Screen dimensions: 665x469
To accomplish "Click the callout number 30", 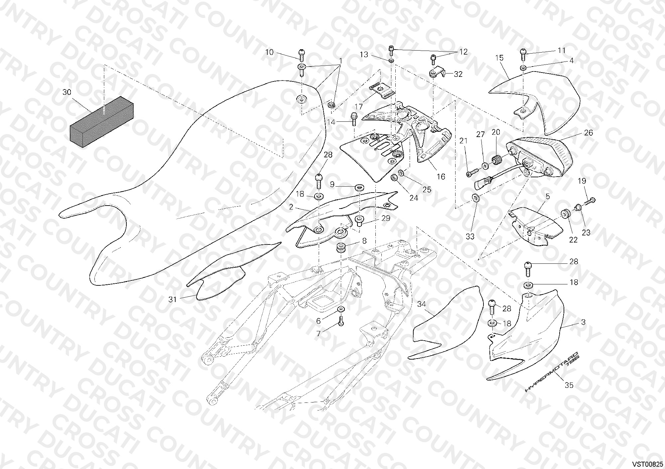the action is pyautogui.click(x=67, y=92).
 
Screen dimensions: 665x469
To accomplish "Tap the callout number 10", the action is pyautogui.click(x=269, y=52).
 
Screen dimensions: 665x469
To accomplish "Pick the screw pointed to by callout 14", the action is pyautogui.click(x=354, y=118).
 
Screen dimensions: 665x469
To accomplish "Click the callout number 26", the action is pyautogui.click(x=589, y=133).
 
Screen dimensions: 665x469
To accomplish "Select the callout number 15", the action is pyautogui.click(x=499, y=58).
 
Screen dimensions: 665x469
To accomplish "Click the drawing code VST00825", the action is pyautogui.click(x=647, y=463).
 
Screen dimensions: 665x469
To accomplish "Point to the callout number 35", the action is pyautogui.click(x=569, y=385).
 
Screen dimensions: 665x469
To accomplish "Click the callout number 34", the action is pyautogui.click(x=422, y=304).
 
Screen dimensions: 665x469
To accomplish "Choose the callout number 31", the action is pyautogui.click(x=172, y=299).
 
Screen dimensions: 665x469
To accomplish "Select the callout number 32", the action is pyautogui.click(x=458, y=74).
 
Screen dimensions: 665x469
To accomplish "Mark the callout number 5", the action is pyautogui.click(x=548, y=196).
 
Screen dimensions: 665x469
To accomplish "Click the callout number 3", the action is pyautogui.click(x=584, y=322).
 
